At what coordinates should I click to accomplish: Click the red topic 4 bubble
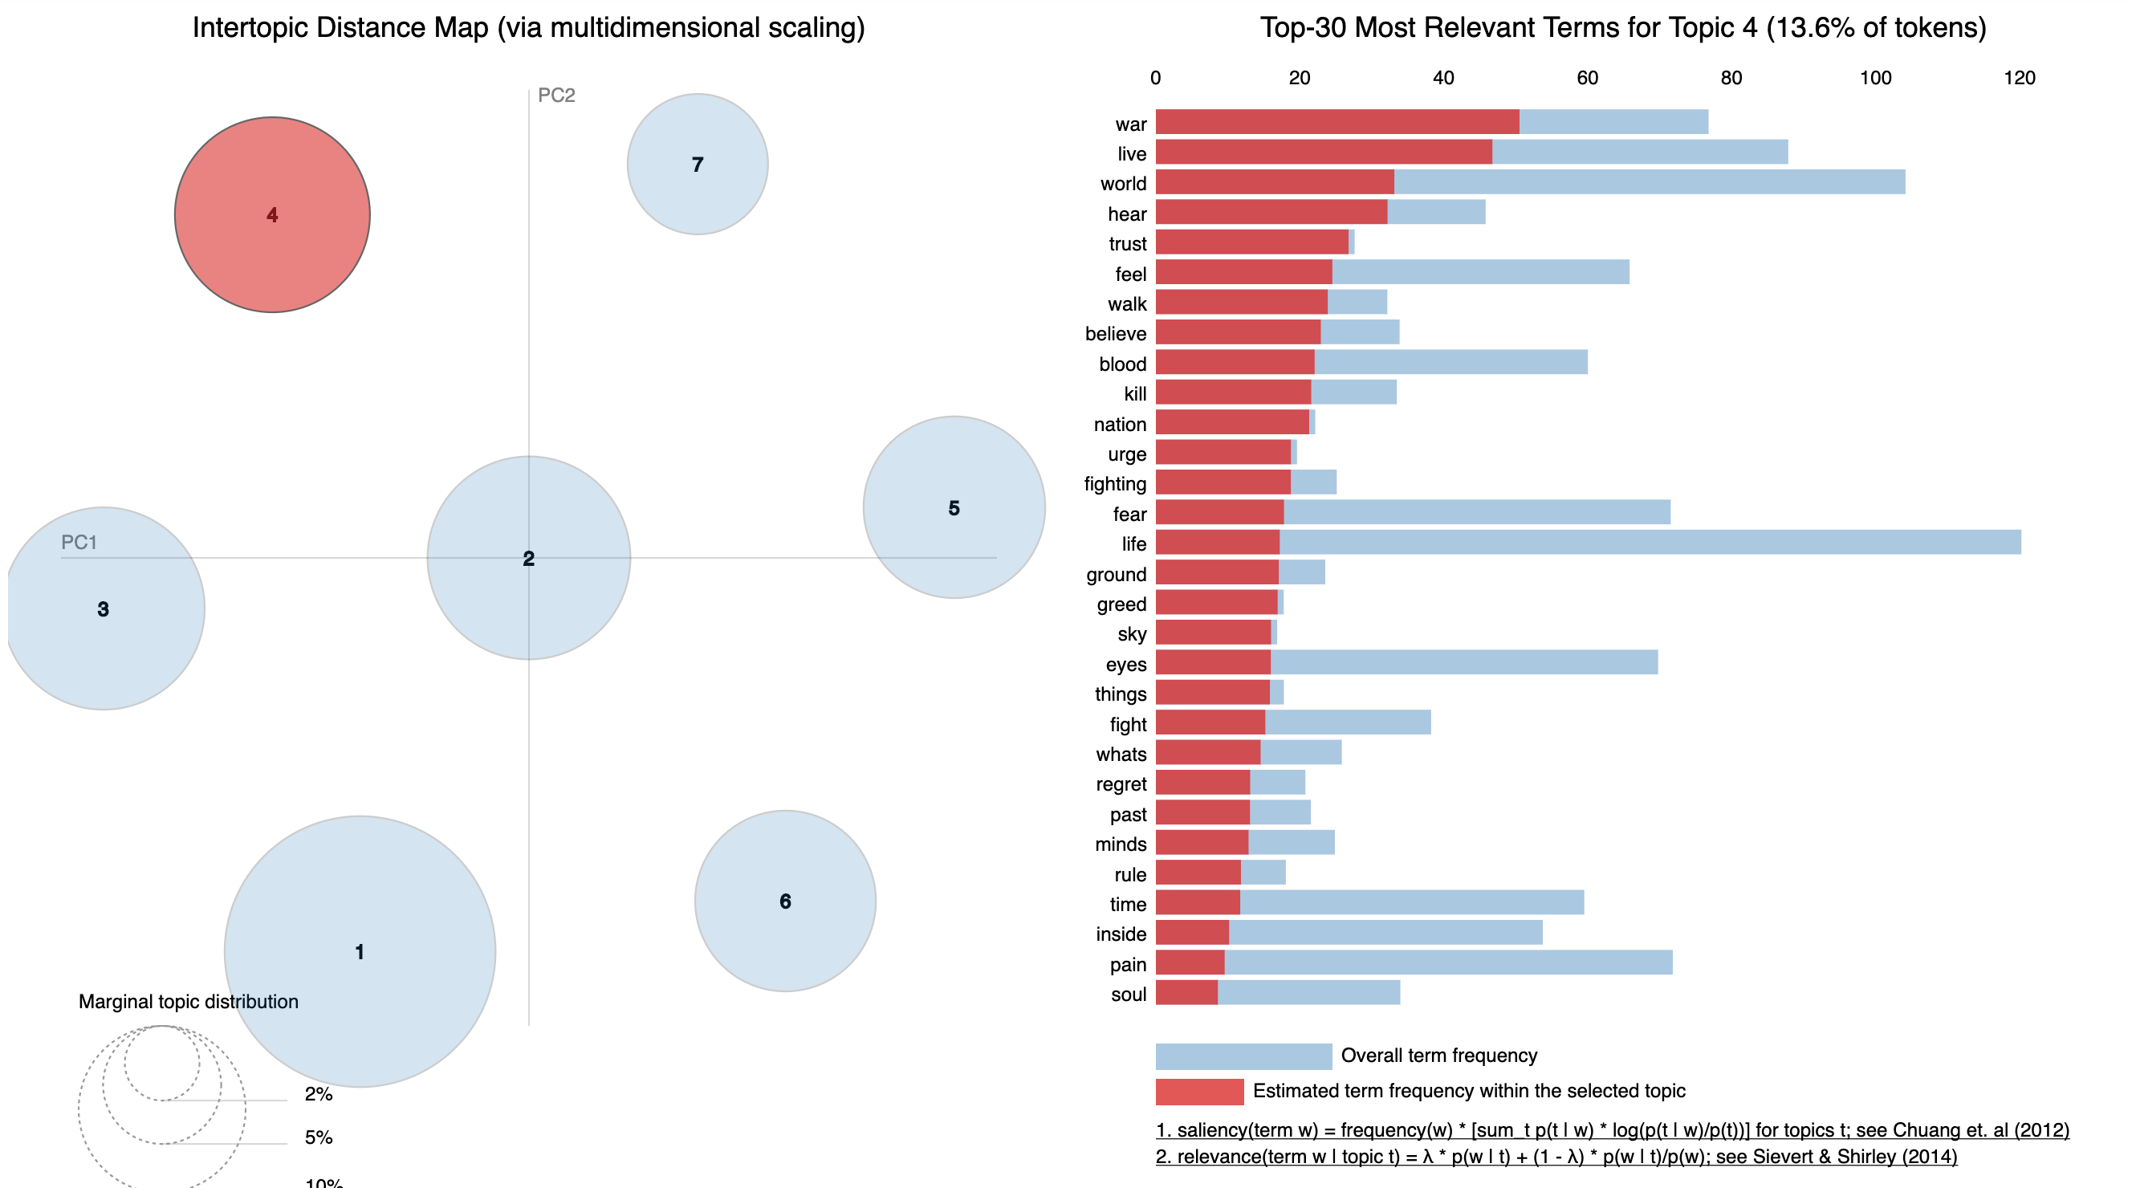coord(272,214)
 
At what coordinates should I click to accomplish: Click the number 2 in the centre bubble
coord(529,559)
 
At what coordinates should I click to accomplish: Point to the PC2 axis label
coord(556,96)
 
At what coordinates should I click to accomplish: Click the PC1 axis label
coord(79,543)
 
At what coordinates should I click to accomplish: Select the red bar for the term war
coord(1337,122)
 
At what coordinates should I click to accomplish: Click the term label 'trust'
coord(1127,244)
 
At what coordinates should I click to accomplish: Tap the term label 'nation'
coord(1120,425)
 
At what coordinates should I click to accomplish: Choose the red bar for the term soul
coord(1186,993)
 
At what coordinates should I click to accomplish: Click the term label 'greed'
coord(1121,604)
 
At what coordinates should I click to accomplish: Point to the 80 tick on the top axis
coord(1731,78)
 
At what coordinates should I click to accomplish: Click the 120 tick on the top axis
coord(2019,78)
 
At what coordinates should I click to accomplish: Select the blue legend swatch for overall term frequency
coord(1243,1056)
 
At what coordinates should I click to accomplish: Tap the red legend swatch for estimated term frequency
coord(1199,1091)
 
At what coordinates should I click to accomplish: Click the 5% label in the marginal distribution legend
coord(319,1137)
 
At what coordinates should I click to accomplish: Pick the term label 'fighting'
coord(1115,484)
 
